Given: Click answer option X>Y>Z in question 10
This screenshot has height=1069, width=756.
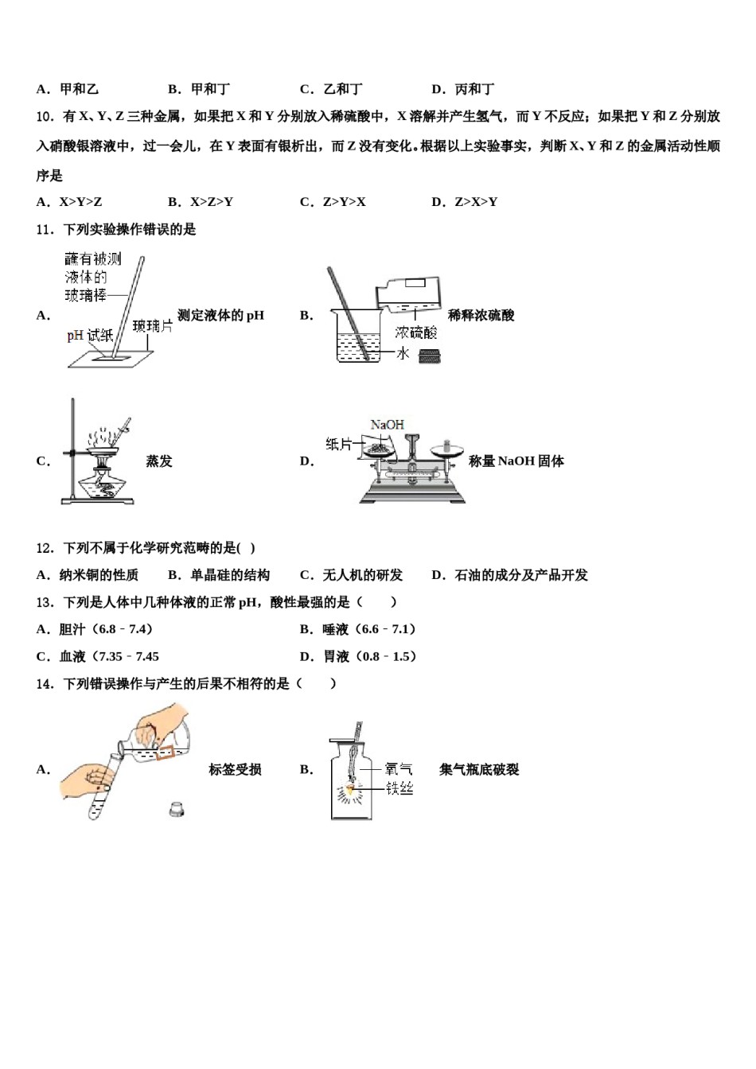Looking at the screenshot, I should pyautogui.click(x=80, y=202).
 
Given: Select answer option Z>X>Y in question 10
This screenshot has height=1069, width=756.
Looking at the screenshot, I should pyautogui.click(x=475, y=202).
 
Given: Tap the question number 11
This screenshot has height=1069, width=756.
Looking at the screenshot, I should pyautogui.click(x=45, y=230).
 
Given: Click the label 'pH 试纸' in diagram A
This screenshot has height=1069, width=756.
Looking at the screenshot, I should pyautogui.click(x=89, y=336).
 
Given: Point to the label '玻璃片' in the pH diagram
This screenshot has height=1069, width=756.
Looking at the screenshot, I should pyautogui.click(x=152, y=326).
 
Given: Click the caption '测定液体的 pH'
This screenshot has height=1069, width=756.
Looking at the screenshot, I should pyautogui.click(x=220, y=316).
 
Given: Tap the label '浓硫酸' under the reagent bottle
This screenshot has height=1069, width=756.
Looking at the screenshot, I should pyautogui.click(x=415, y=332).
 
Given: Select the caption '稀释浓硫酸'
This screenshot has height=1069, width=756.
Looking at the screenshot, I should pyautogui.click(x=481, y=316).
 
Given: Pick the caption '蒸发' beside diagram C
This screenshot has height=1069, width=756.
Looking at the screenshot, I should pyautogui.click(x=159, y=461).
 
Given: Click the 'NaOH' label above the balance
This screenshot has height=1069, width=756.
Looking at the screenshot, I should pyautogui.click(x=387, y=426).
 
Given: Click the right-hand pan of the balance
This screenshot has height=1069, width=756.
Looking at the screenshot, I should pyautogui.click(x=447, y=452).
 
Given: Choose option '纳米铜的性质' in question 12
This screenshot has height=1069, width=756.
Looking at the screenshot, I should pyautogui.click(x=98, y=575).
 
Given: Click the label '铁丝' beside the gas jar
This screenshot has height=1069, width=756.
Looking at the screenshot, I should pyautogui.click(x=399, y=788).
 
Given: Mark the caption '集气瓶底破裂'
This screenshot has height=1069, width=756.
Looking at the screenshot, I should pyautogui.click(x=479, y=770).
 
